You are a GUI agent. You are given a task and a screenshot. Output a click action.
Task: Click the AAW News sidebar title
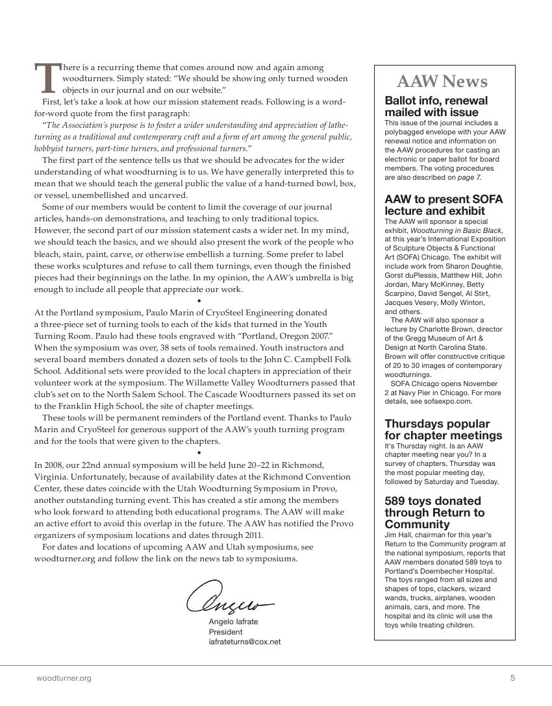click(442, 82)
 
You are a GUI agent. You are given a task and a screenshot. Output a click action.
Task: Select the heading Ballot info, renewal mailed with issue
click(436, 106)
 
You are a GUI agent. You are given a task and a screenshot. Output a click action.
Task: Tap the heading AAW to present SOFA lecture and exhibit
click(444, 205)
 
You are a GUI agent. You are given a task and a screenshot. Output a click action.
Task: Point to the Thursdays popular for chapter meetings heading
click(444, 430)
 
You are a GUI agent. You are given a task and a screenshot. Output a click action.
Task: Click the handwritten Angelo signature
click(230, 598)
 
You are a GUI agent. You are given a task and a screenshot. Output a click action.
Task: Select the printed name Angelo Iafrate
click(233, 622)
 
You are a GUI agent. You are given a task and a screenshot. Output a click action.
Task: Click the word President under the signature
click(225, 631)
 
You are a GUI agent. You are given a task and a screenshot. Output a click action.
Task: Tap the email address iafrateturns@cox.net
click(245, 642)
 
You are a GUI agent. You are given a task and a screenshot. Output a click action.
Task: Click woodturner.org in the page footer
click(64, 678)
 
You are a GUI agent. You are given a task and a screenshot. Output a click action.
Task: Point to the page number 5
click(512, 678)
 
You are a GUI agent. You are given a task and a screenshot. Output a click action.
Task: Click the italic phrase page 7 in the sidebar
click(468, 177)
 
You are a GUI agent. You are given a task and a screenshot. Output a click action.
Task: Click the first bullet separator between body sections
click(199, 301)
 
